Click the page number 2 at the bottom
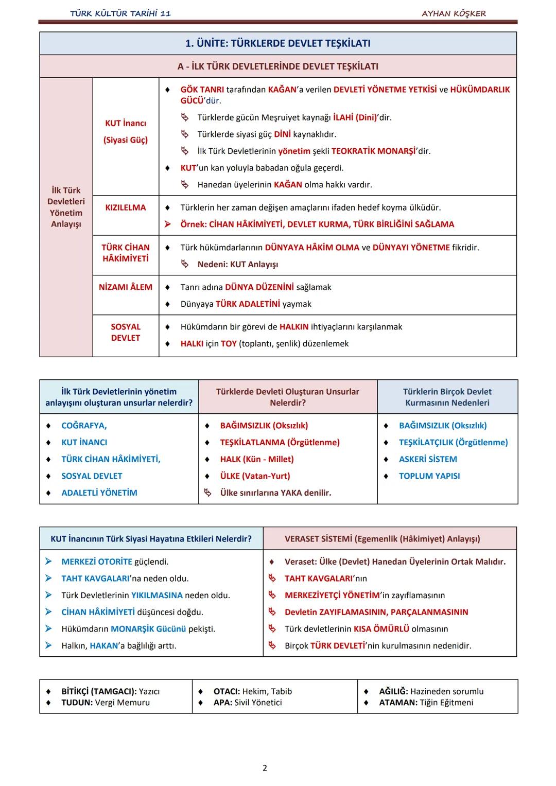[265, 768]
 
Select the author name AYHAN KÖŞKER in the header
[454, 13]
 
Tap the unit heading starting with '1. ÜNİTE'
[277, 44]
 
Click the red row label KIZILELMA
[126, 207]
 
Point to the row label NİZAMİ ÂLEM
[126, 287]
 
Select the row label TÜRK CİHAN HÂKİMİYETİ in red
[126, 253]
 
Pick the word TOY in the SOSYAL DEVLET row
[229, 344]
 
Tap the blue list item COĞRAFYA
[84, 426]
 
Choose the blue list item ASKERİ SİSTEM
[428, 459]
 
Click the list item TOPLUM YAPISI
[429, 476]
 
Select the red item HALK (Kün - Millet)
[257, 459]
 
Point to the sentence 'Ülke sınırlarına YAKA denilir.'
[275, 493]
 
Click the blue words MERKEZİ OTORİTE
[97, 562]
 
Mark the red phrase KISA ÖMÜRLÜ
[381, 629]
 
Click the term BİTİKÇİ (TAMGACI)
[99, 691]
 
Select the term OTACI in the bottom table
[226, 691]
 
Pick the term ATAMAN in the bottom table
[398, 703]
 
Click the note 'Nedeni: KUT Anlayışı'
[237, 265]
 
